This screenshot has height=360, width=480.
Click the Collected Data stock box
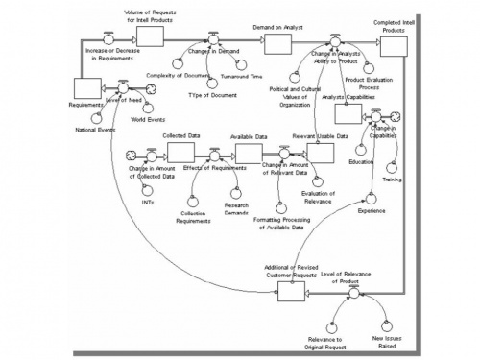pos(180,154)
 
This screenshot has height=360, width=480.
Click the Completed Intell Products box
pos(405,43)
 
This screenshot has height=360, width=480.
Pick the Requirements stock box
pos(88,87)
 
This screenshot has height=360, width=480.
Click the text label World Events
pos(148,121)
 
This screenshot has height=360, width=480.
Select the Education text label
pos(361,162)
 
